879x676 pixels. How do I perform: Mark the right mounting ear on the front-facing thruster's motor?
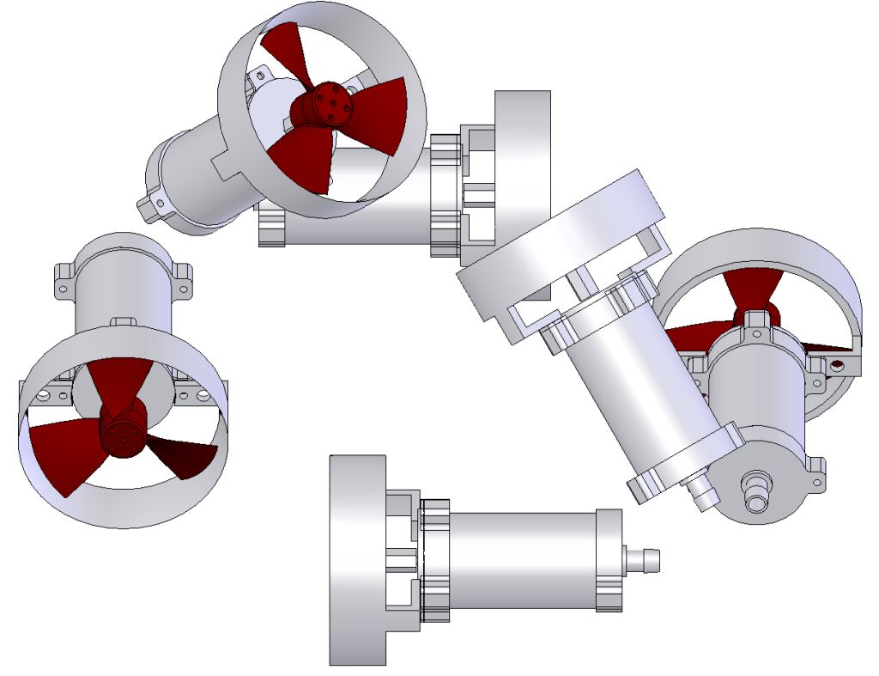183,277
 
